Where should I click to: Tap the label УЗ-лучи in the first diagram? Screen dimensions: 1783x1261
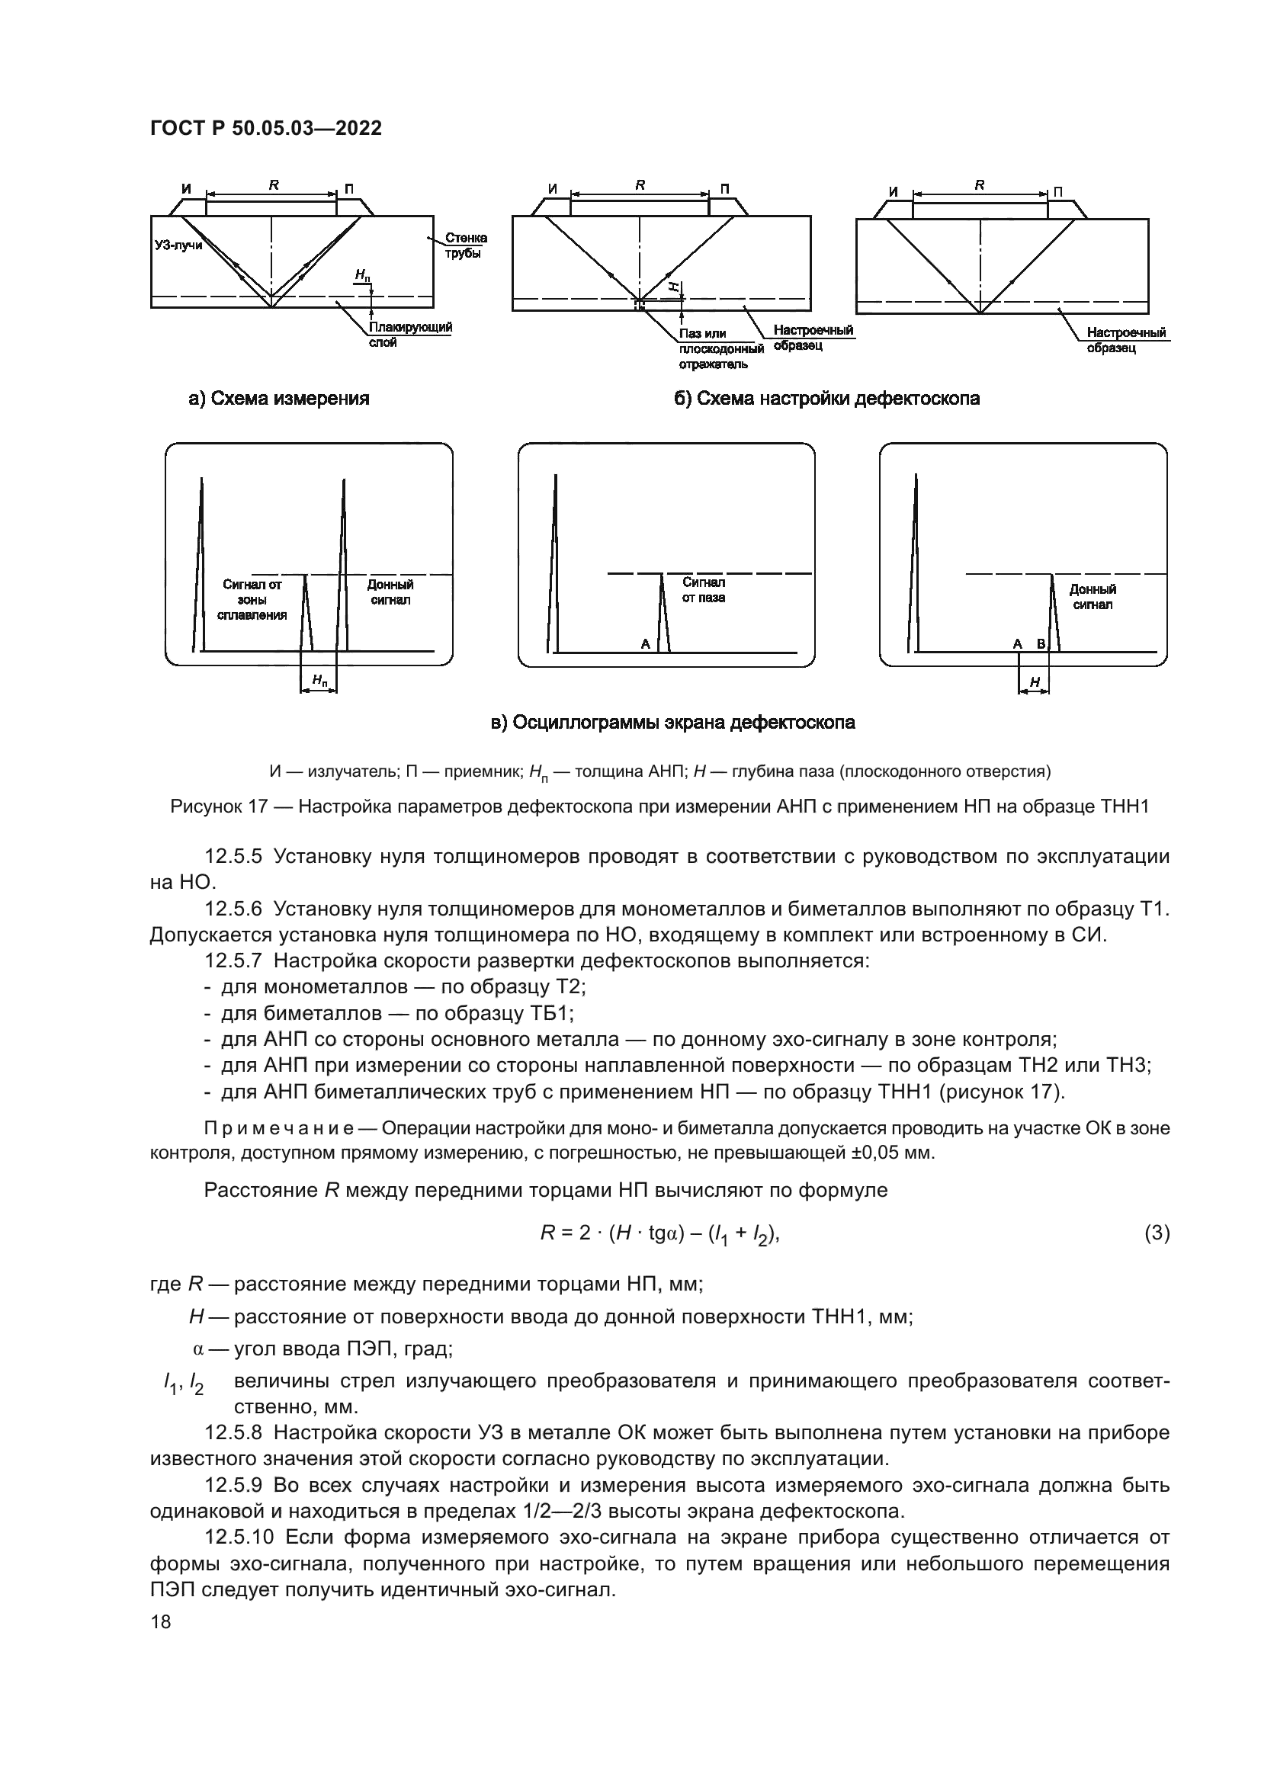178,245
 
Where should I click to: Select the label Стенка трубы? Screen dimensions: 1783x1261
466,245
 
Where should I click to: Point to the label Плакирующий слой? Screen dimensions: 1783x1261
410,334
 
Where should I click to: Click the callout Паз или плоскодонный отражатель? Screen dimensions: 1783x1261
719,348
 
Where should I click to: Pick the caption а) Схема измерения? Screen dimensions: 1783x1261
279,399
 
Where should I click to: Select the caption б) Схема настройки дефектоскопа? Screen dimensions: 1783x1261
826,399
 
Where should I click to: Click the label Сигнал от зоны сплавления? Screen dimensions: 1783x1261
252,599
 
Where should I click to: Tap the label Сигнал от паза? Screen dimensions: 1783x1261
704,590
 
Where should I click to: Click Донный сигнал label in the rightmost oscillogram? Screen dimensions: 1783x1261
1093,597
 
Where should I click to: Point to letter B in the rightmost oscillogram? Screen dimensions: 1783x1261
1041,644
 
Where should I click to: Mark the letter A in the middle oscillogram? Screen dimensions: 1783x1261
644,644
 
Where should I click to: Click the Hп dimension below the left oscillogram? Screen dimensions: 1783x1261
319,681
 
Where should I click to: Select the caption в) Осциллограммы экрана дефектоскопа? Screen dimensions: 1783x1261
672,722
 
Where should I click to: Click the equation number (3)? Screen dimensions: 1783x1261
1157,1233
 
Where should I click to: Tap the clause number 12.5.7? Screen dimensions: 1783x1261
233,960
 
